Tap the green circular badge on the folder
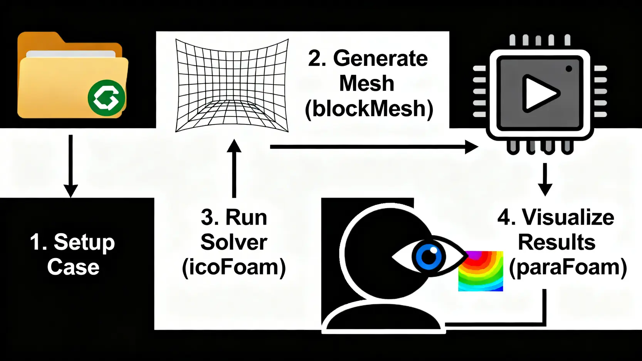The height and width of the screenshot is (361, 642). pyautogui.click(x=106, y=98)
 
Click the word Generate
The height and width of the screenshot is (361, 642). pyautogui.click(x=380, y=59)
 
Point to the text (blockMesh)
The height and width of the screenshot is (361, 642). pyautogui.click(x=369, y=109)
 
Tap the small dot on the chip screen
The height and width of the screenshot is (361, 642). pyautogui.click(x=568, y=69)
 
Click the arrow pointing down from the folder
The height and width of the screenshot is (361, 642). pyautogui.click(x=71, y=166)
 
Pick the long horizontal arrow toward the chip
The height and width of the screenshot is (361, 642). pyautogui.click(x=374, y=147)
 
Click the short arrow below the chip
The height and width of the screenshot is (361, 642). pyautogui.click(x=545, y=179)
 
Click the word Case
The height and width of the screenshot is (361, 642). pyautogui.click(x=73, y=267)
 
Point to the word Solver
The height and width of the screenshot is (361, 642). pyautogui.click(x=234, y=242)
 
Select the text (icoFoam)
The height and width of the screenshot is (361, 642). pyautogui.click(x=234, y=267)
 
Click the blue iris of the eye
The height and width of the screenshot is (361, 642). pyautogui.click(x=429, y=256)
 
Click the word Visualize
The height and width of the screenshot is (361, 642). pyautogui.click(x=568, y=218)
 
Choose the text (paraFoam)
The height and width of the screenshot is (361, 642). pyautogui.click(x=568, y=267)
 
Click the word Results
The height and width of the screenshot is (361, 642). pyautogui.click(x=556, y=242)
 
